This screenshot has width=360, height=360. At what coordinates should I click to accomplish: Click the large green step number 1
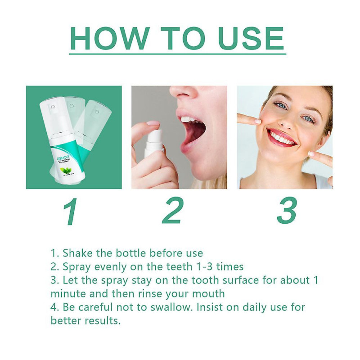[71, 211]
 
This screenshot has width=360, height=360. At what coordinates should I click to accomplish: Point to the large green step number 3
[287, 211]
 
